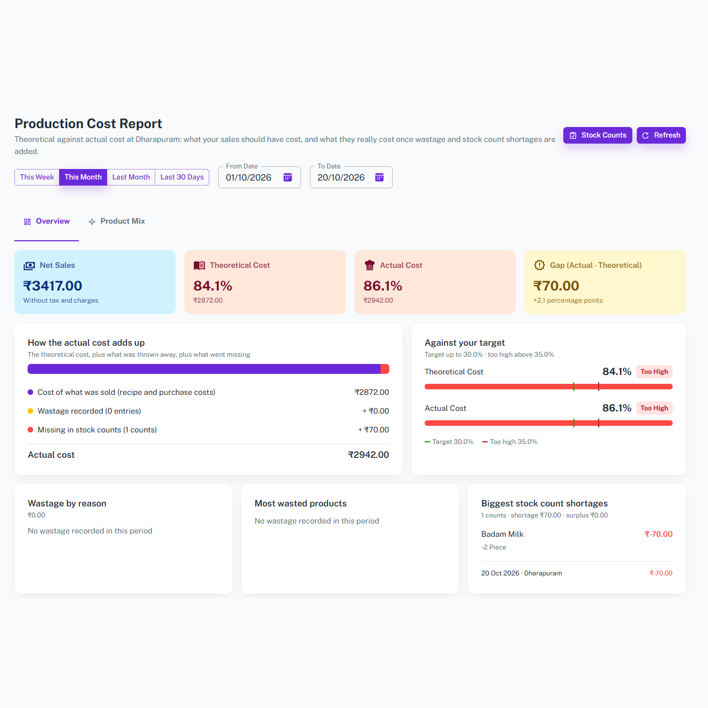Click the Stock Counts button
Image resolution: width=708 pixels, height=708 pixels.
coord(598,135)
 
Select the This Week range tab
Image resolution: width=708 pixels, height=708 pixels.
coord(37,177)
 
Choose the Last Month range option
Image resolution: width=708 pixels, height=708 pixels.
coord(131,177)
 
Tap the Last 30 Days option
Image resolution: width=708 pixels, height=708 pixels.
coord(182,177)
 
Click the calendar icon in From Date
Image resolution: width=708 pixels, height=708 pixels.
coord(288,177)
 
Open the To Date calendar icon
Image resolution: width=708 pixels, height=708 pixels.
coord(379,177)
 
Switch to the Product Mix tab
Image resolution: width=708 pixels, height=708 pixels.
coord(117,221)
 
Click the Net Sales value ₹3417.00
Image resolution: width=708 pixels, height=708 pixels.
coord(52,286)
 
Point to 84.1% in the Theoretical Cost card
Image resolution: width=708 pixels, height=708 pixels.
coord(213,286)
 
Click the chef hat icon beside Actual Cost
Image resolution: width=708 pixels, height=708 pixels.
coord(369,265)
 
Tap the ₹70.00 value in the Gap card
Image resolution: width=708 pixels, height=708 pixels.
coord(556,286)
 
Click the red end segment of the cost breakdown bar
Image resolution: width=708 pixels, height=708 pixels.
coord(385,369)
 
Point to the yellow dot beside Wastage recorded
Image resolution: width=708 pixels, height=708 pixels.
coord(30,411)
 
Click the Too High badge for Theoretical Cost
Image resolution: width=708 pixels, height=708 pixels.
coord(654,372)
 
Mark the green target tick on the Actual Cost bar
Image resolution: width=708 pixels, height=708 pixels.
coord(574,423)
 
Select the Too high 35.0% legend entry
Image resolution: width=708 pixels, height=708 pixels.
coord(510,442)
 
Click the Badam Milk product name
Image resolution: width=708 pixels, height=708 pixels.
coord(502,534)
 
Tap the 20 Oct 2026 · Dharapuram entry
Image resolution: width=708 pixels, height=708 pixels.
coord(521,573)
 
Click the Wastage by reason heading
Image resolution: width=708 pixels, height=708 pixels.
coord(67,503)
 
